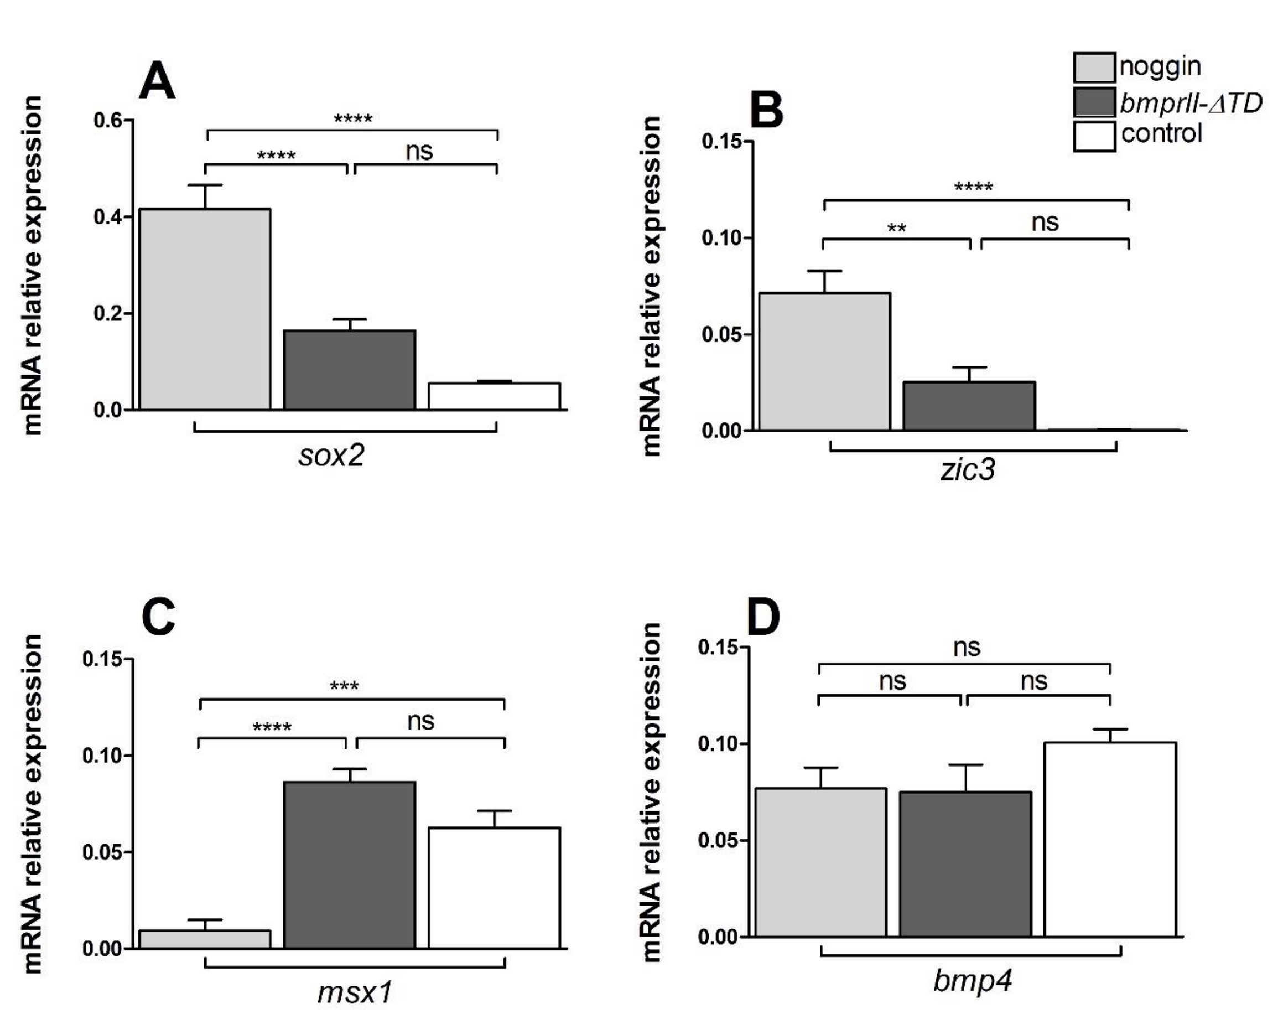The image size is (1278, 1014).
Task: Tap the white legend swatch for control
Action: pyautogui.click(x=1094, y=136)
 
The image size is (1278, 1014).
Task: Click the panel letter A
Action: pyautogui.click(x=157, y=81)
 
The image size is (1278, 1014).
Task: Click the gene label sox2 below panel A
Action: pyautogui.click(x=331, y=456)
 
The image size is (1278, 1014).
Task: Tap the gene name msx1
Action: pyautogui.click(x=355, y=992)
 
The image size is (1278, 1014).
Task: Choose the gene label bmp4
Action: pyautogui.click(x=972, y=980)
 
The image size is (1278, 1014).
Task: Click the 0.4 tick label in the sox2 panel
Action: pyautogui.click(x=108, y=217)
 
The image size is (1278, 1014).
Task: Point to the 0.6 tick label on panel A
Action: pyautogui.click(x=108, y=120)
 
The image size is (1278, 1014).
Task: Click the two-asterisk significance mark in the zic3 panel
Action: pyautogui.click(x=896, y=229)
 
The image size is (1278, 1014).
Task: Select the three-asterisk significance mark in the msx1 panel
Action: pyautogui.click(x=344, y=687)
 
